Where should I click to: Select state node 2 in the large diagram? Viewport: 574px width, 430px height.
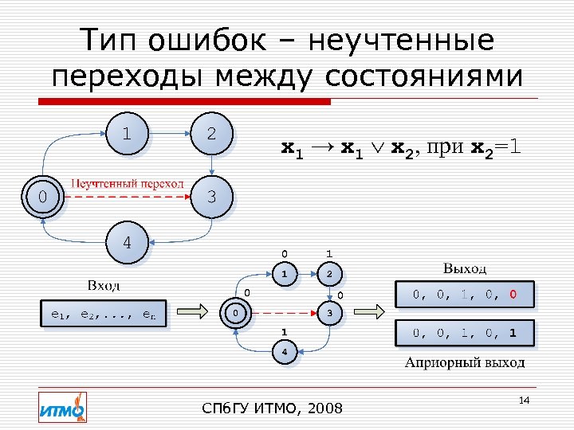click(x=211, y=134)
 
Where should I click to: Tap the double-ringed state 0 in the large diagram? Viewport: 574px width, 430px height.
click(x=43, y=196)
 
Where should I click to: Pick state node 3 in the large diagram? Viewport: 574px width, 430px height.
click(x=211, y=196)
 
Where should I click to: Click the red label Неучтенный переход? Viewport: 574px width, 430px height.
click(x=128, y=184)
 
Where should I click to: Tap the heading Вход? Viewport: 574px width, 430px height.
click(x=104, y=285)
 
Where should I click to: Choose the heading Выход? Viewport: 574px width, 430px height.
click(x=465, y=268)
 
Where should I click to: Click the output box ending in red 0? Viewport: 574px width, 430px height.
click(x=465, y=295)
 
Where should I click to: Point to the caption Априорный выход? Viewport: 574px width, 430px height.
click(x=465, y=363)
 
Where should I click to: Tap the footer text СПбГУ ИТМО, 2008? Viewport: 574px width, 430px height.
click(x=273, y=408)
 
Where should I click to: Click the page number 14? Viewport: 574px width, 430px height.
click(x=524, y=398)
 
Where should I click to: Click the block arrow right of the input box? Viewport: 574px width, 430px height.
click(x=195, y=311)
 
